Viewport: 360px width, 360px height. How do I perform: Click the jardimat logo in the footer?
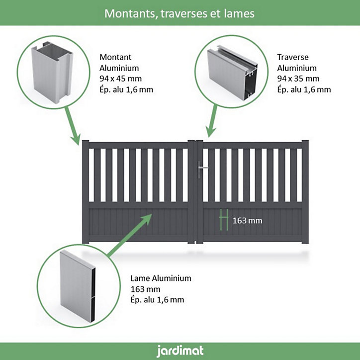180,351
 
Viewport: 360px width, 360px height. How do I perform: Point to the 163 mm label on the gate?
247,221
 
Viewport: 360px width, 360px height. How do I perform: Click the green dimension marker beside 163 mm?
224,220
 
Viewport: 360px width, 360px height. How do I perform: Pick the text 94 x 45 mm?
120,79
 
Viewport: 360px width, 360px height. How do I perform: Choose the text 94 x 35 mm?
298,79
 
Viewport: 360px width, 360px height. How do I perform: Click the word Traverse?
293,57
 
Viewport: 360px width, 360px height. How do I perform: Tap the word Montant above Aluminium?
115,57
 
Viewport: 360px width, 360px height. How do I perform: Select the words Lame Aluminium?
161,278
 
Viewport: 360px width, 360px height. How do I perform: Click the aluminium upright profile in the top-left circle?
52,72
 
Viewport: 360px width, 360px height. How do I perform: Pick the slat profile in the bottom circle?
78,285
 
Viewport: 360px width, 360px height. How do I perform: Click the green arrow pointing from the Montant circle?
73,126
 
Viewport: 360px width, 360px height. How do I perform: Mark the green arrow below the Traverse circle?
212,121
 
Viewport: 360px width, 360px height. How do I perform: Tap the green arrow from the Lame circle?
129,235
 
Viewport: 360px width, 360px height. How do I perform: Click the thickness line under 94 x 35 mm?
304,90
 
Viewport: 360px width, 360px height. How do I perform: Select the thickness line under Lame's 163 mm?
157,300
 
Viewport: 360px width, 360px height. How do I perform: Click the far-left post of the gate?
86,192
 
